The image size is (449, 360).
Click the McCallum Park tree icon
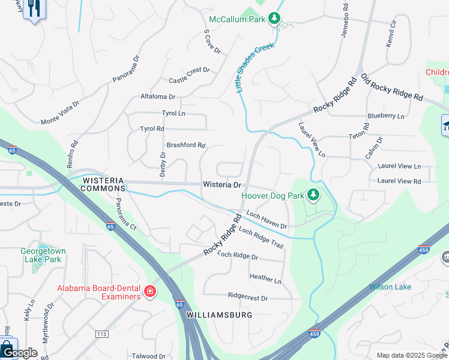pyautogui.click(x=274, y=19)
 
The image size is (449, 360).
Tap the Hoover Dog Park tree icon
pyautogui.click(x=313, y=194)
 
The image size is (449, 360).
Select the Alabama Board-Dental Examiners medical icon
pyautogui.click(x=149, y=292)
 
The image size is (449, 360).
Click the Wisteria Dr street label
pyautogui.click(x=221, y=185)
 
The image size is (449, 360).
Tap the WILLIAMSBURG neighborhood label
pyautogui.click(x=217, y=314)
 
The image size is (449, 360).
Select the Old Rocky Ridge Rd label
pyautogui.click(x=391, y=88)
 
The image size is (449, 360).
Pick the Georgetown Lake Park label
pyautogui.click(x=41, y=256)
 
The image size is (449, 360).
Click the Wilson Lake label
pyautogui.click(x=390, y=287)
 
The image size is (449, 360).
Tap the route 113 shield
pyautogui.click(x=101, y=334)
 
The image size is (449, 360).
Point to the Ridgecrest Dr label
pyautogui.click(x=247, y=297)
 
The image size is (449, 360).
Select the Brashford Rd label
pyautogui.click(x=186, y=145)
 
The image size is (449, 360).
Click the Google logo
pyautogui.click(x=19, y=353)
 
